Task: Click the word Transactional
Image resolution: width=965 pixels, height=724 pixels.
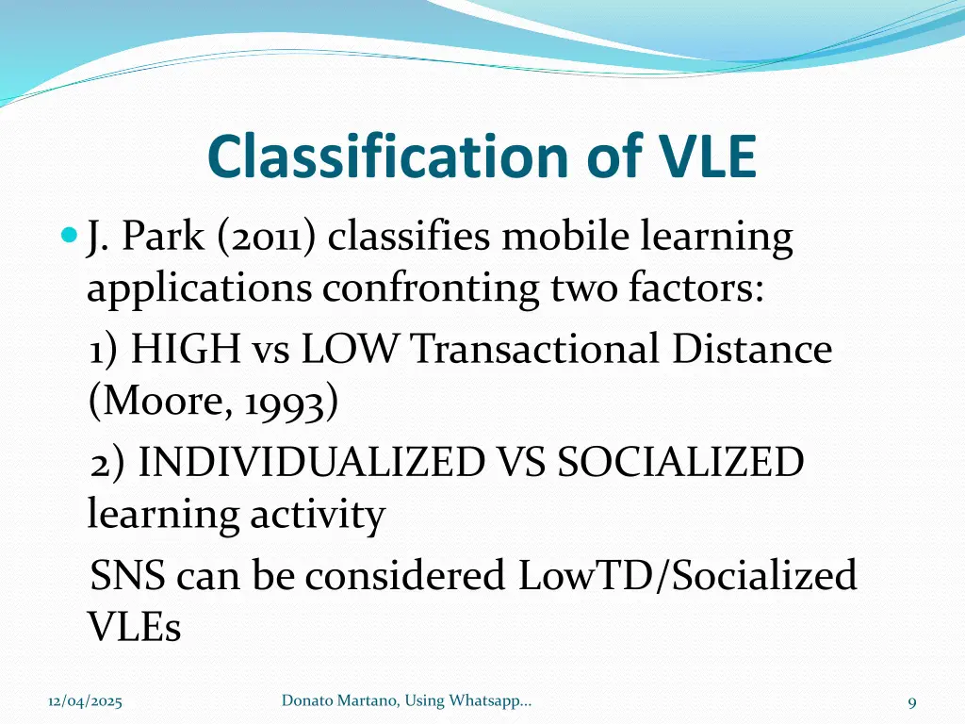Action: tap(534, 350)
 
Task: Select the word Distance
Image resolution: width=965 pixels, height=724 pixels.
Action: tap(752, 350)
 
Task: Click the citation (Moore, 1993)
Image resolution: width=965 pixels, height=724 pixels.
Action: tap(213, 403)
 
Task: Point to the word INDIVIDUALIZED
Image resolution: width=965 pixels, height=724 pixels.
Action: tap(310, 463)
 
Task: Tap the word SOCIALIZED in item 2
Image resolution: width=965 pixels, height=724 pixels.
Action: tap(680, 463)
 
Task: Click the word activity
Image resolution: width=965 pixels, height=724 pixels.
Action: tap(317, 516)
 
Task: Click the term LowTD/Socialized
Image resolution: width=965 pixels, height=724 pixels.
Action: tap(687, 575)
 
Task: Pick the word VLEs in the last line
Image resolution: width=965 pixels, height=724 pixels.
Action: tap(134, 627)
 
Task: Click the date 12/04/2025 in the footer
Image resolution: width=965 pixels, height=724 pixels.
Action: tap(86, 701)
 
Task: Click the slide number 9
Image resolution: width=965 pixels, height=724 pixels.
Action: tap(912, 701)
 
